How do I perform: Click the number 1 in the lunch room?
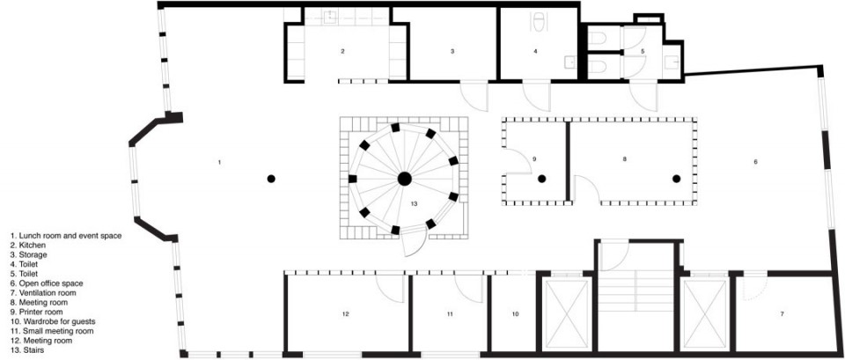tap(219, 162)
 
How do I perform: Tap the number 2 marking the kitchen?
tap(342, 52)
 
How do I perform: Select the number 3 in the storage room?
tap(452, 52)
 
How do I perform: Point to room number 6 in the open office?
tap(755, 162)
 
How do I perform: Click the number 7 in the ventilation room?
tap(782, 313)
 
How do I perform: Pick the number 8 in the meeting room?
tap(624, 159)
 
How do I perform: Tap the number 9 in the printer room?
tap(534, 159)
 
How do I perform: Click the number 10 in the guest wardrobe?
tap(515, 313)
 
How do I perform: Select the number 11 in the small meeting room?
tap(450, 313)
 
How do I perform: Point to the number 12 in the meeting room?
tap(345, 313)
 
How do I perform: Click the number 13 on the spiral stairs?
tap(414, 203)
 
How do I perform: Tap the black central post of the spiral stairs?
tap(404, 179)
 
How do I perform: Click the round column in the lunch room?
tap(271, 179)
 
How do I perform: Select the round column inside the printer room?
tap(541, 179)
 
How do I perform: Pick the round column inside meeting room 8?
tap(676, 179)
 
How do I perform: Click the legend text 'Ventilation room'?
tap(48, 292)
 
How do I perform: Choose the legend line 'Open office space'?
tap(51, 283)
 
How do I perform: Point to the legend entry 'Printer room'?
tap(41, 312)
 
